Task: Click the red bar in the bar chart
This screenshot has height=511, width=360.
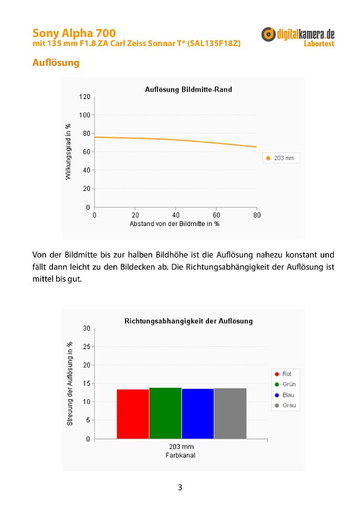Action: pos(133,413)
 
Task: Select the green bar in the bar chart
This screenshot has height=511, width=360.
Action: pos(165,413)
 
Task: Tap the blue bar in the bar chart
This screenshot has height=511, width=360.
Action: pos(198,413)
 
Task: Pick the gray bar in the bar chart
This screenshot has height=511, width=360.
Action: pos(230,413)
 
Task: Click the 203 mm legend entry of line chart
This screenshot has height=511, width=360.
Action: pos(281,158)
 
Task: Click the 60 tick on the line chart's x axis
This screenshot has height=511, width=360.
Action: pos(216,215)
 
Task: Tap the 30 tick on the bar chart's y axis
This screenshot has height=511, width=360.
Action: pos(87,328)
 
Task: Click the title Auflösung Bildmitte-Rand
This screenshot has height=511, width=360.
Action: pos(188,90)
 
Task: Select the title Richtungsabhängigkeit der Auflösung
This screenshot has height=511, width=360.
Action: pos(188,321)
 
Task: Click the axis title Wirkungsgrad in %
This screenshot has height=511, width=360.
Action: pos(68,152)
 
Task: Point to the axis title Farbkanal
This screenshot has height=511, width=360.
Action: pos(180,455)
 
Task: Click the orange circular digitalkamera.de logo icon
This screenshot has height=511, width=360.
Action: pos(269,35)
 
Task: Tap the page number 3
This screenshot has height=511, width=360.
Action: pos(180,487)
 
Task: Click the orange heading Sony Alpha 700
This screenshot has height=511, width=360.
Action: pos(74,34)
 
